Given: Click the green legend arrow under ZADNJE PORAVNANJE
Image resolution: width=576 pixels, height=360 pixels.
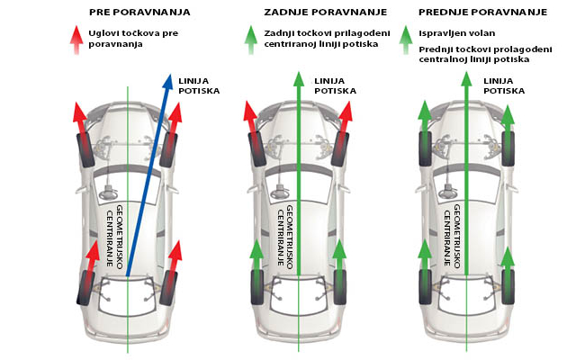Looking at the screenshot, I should (251, 40).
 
